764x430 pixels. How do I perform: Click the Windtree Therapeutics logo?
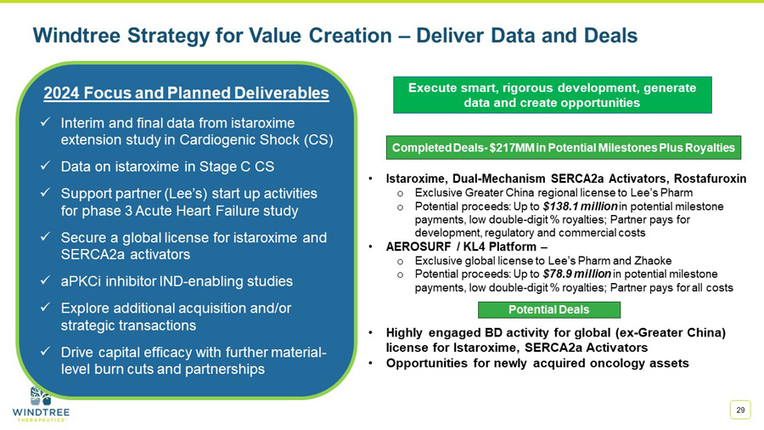click(41, 404)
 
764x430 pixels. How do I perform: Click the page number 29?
click(740, 410)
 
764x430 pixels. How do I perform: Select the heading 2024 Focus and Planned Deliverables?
click(186, 93)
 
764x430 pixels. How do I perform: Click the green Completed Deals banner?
click(564, 147)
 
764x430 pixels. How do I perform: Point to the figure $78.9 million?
click(574, 274)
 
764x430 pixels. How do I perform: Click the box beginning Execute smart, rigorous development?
click(552, 95)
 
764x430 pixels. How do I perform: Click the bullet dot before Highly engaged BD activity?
click(373, 333)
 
